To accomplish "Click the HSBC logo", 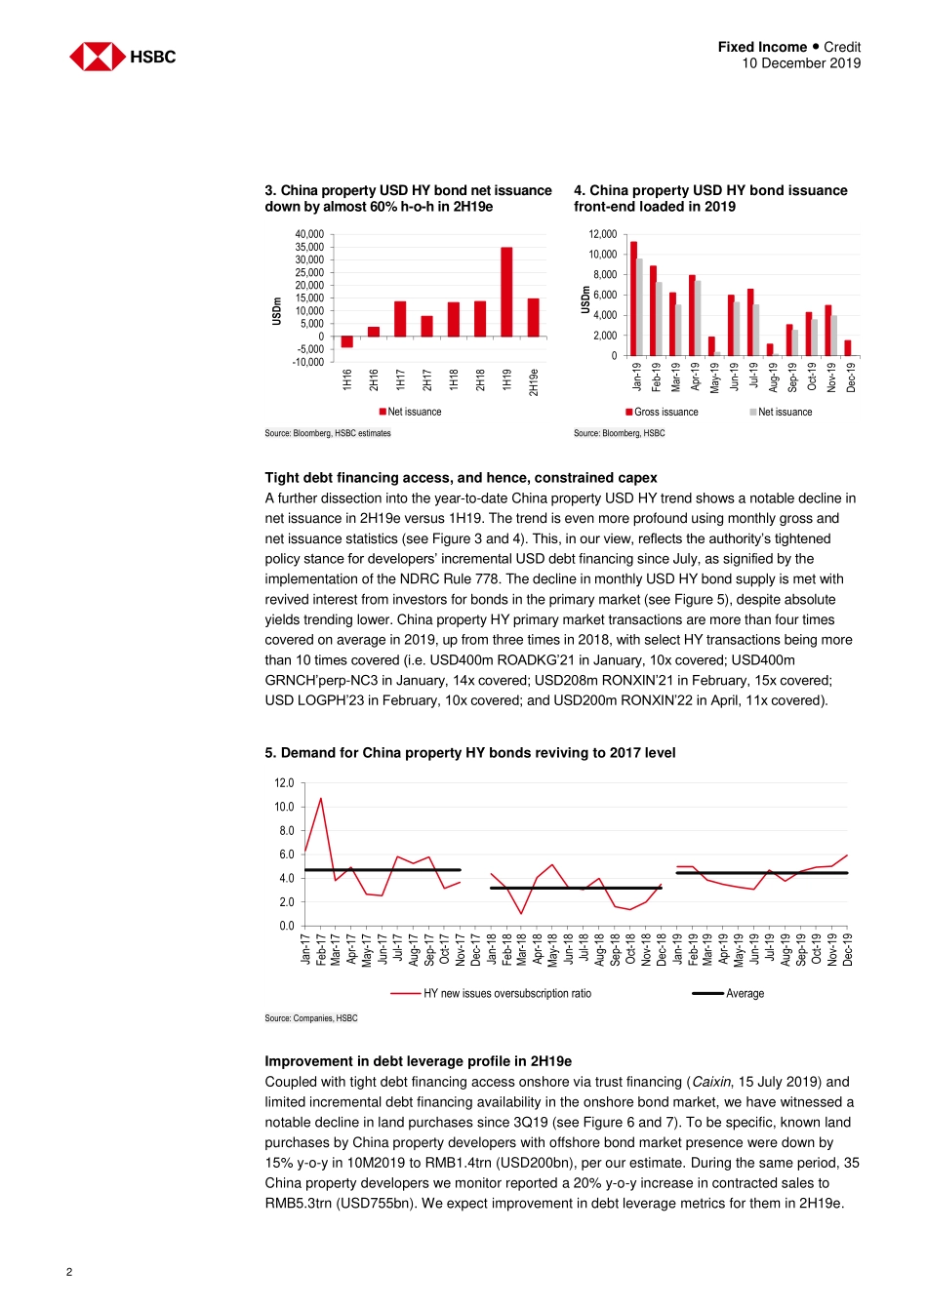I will coord(122,57).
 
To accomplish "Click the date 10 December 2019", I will coord(800,63).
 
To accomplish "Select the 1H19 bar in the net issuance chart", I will coord(506,292).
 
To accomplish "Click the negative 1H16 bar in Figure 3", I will coord(346,342).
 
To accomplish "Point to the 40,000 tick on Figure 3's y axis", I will coord(309,234).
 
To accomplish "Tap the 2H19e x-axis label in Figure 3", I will coord(534,381).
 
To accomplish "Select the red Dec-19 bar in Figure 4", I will coord(848,348).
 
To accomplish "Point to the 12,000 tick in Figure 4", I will coord(602,234).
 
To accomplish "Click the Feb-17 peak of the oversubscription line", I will coord(320,799).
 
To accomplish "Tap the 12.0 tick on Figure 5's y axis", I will coord(284,783).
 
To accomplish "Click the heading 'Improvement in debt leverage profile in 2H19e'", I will coord(418,1061).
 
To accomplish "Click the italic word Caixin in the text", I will coord(711,1082).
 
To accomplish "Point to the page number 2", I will coord(69,1271).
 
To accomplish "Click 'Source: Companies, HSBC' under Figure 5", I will coord(310,1018).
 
